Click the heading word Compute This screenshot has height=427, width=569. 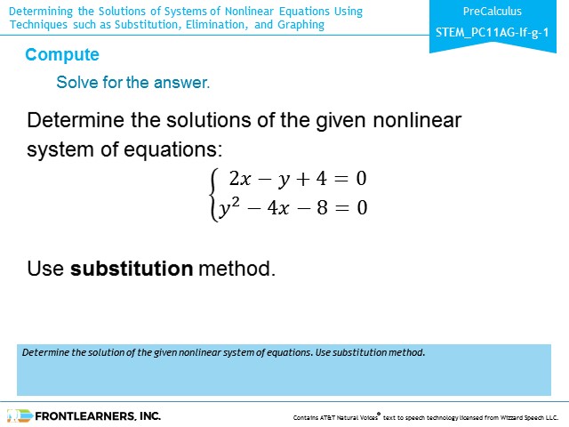[62, 55]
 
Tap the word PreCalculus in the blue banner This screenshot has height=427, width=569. [492, 12]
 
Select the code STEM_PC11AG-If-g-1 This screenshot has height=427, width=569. [492, 33]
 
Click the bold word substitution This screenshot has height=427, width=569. [132, 269]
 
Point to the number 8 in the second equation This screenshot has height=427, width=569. [322, 207]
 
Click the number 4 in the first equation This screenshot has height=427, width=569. [321, 178]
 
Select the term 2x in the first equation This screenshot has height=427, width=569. [240, 178]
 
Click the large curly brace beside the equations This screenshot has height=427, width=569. [214, 194]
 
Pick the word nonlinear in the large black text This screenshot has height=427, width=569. [417, 120]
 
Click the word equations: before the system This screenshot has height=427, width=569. [173, 149]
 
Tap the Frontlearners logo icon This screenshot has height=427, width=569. [20, 415]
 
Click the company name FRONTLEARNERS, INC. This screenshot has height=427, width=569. [98, 416]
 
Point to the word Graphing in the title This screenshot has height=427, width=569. [301, 25]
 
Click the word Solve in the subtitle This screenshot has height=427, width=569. [77, 83]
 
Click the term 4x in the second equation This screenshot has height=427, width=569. [278, 207]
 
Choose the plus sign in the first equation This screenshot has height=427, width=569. [302, 179]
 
